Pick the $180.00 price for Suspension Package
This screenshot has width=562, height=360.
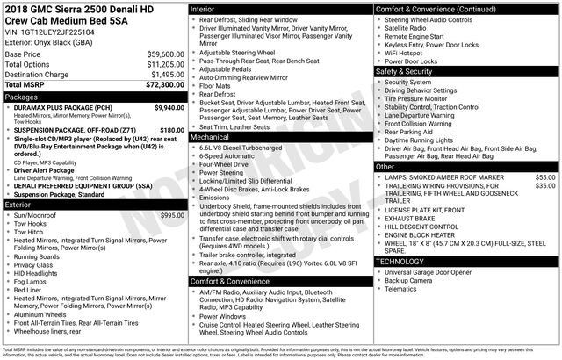click(x=172, y=129)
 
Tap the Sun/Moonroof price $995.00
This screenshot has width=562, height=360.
click(x=172, y=214)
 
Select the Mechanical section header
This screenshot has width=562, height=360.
click(x=210, y=137)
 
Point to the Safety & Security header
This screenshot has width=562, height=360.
click(x=407, y=71)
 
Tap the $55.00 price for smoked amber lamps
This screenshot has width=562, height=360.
click(x=545, y=176)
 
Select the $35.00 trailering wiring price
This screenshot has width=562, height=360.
click(x=545, y=186)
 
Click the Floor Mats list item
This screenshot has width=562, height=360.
click(x=216, y=86)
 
